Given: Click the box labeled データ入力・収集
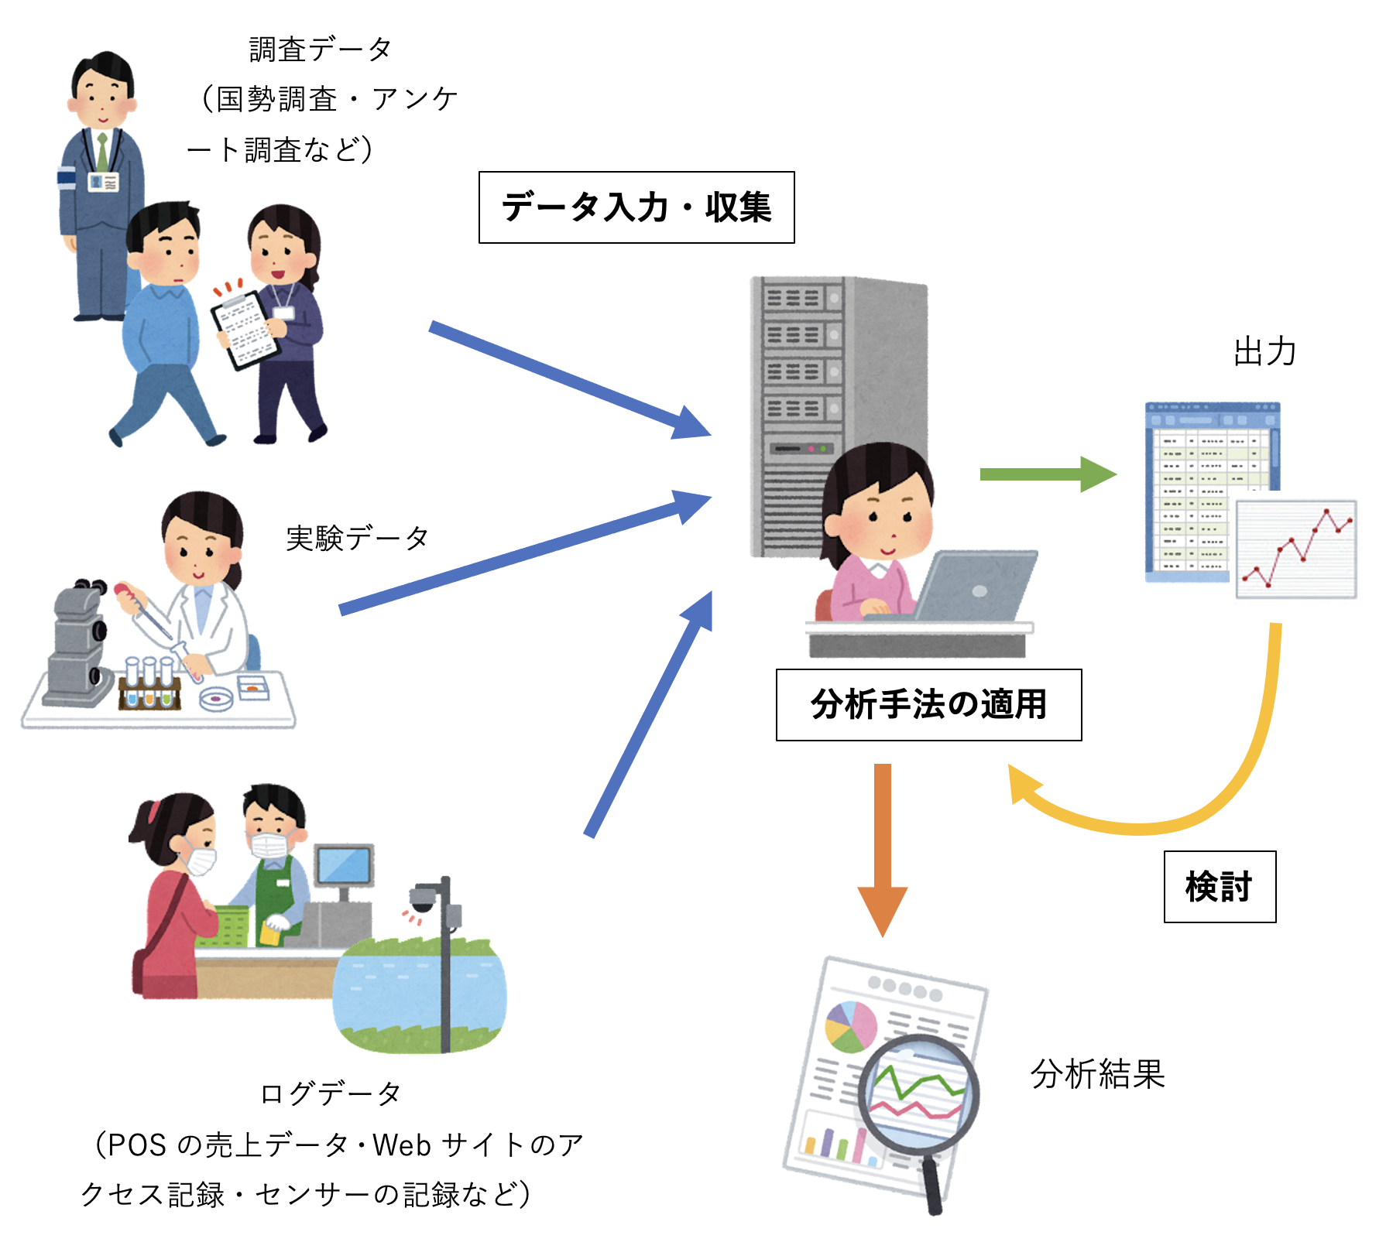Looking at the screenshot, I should tap(636, 207).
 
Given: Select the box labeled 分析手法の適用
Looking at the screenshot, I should tap(928, 705).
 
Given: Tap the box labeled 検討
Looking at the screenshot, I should tap(1220, 887).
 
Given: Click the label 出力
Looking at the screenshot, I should tap(1264, 352).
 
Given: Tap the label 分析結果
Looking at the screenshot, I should tap(1097, 1074).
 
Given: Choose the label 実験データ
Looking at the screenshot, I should tap(357, 538).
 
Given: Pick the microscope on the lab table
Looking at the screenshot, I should tap(77, 642).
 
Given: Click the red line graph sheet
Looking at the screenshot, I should tap(1296, 549).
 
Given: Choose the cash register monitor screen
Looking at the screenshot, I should tap(343, 865).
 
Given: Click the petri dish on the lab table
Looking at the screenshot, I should tap(216, 699).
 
